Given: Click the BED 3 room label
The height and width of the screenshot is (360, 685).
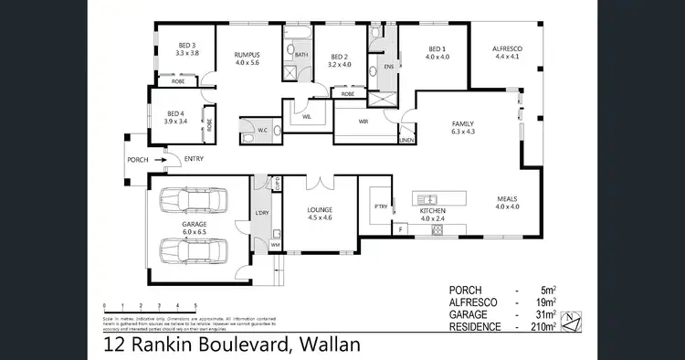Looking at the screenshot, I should (186, 44).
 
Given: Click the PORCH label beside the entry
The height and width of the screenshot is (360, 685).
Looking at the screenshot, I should (139, 160).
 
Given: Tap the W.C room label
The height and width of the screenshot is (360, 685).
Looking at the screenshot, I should (262, 130).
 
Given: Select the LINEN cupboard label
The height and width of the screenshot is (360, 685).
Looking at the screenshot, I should (407, 140).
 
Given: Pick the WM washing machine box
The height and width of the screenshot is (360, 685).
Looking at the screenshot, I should (275, 245).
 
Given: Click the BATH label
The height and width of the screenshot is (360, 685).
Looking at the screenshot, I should (300, 55).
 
